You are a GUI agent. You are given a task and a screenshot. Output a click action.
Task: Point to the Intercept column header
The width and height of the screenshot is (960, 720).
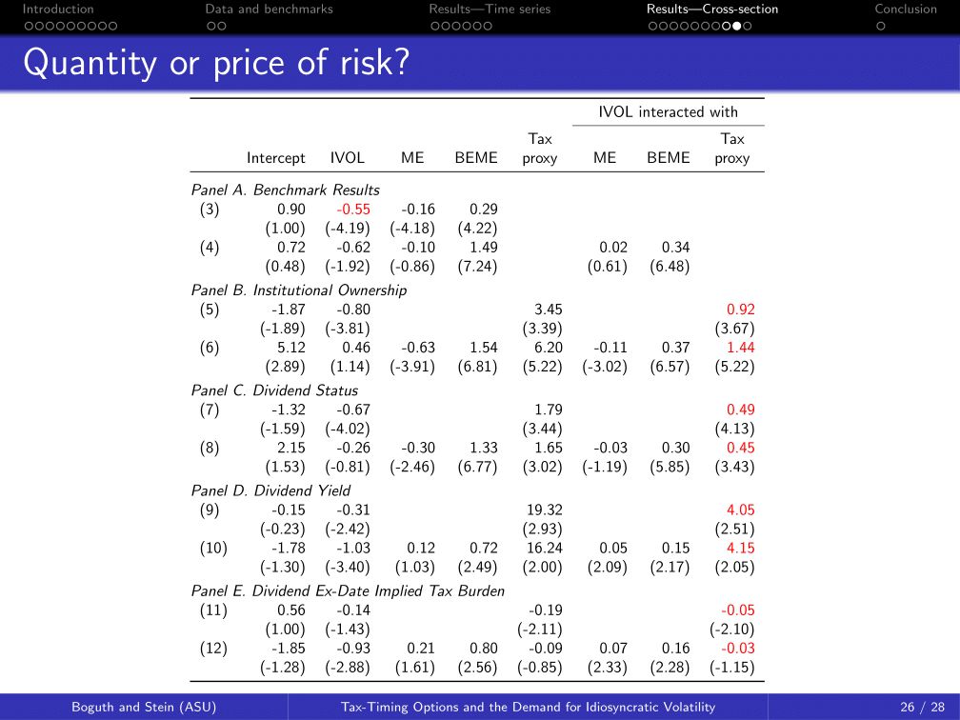[276, 159]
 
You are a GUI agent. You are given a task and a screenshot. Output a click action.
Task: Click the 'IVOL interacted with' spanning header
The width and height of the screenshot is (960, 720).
[668, 112]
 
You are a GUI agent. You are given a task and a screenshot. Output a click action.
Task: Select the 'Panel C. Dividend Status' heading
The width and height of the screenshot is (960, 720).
[274, 390]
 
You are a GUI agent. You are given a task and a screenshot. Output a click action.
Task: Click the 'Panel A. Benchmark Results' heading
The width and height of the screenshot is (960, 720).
[285, 190]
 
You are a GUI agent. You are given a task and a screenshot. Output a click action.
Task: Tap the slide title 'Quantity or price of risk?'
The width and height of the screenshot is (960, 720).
[216, 64]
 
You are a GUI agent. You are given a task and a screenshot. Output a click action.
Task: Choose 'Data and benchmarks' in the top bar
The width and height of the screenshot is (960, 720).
[270, 10]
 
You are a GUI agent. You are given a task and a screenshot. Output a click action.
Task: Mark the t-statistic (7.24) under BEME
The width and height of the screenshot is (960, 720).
[477, 267]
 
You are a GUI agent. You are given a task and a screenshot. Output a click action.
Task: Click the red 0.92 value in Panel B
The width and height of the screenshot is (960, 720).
[740, 310]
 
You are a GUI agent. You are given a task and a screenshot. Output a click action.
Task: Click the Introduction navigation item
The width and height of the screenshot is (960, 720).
[58, 10]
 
